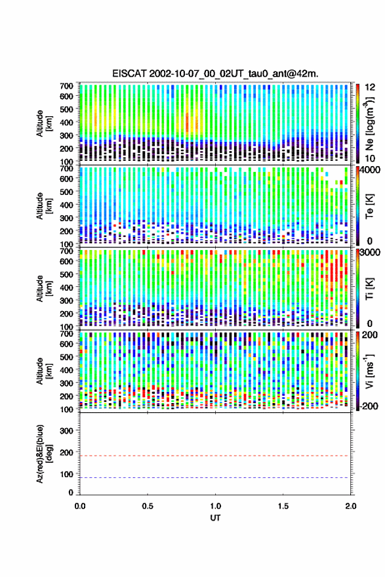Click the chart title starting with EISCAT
pos(216,74)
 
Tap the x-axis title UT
pos(216,518)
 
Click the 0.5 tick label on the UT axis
pos(148,505)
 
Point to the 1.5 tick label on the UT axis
pos(283,505)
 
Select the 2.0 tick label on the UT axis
pos(351,505)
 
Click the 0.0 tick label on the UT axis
pos(80,505)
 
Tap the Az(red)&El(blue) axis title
pos(44,454)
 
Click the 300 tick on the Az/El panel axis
pos(67,431)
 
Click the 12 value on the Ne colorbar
pos(371,87)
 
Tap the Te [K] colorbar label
pos(369,206)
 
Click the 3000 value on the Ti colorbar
pos(369,252)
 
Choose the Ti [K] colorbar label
pos(369,289)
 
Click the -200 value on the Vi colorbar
pos(369,406)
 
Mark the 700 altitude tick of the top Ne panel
pos(67,86)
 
